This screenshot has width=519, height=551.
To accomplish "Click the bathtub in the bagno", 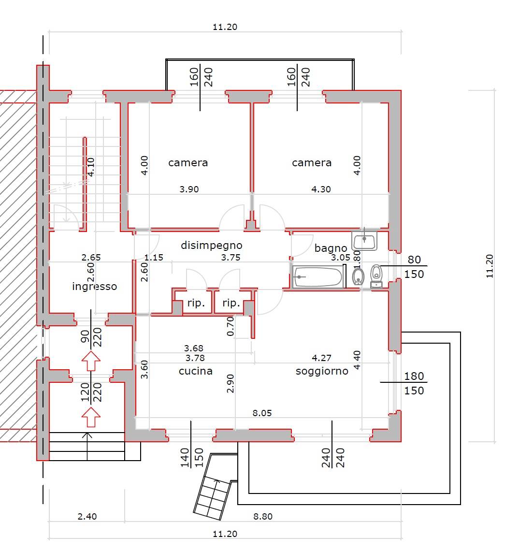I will pyautogui.click(x=318, y=277).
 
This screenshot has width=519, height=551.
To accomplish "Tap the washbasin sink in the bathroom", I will pyautogui.click(x=365, y=241).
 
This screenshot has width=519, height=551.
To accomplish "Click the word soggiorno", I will pyautogui.click(x=322, y=371).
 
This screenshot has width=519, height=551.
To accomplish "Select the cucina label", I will pyautogui.click(x=196, y=371).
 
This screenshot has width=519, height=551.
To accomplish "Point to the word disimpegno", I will pyautogui.click(x=212, y=246).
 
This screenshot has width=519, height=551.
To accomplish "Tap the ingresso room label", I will pyautogui.click(x=95, y=287).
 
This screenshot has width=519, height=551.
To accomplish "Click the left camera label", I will pyautogui.click(x=188, y=163).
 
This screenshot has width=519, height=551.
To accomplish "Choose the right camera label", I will pyautogui.click(x=312, y=163).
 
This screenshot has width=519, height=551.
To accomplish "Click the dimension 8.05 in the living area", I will pyautogui.click(x=262, y=413).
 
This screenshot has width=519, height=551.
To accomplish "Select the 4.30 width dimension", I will pyautogui.click(x=321, y=189).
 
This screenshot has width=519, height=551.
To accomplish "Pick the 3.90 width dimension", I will pyautogui.click(x=189, y=189).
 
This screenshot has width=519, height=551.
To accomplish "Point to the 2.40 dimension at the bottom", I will pyautogui.click(x=87, y=517).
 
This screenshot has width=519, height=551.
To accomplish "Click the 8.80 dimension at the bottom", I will pyautogui.click(x=263, y=517).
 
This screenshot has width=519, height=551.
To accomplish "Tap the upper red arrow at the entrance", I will pyautogui.click(x=90, y=361).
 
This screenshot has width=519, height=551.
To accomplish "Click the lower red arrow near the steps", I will pyautogui.click(x=90, y=417).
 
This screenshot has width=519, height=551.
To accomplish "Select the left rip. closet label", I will pyautogui.click(x=196, y=304).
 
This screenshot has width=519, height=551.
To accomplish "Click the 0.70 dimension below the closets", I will pyautogui.click(x=231, y=326).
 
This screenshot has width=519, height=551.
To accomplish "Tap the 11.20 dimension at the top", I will pyautogui.click(x=225, y=27).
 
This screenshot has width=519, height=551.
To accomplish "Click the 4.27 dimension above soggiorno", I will pyautogui.click(x=321, y=358).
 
